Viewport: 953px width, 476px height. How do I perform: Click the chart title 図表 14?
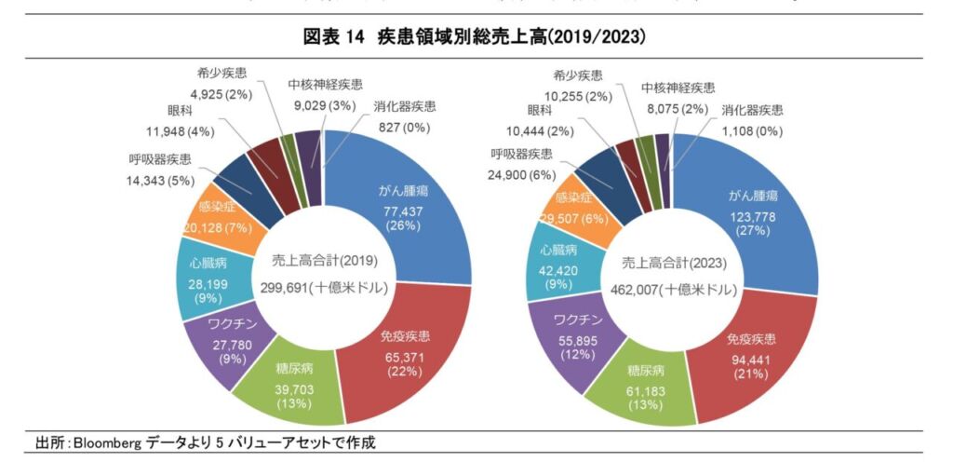339,37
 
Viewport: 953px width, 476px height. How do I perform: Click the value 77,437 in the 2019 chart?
403,211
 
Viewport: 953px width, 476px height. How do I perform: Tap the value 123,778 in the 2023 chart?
753,217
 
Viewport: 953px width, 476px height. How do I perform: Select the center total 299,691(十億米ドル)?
323,288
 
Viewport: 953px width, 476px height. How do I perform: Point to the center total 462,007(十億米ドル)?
671,290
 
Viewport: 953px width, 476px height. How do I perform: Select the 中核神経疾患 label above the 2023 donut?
678,88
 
